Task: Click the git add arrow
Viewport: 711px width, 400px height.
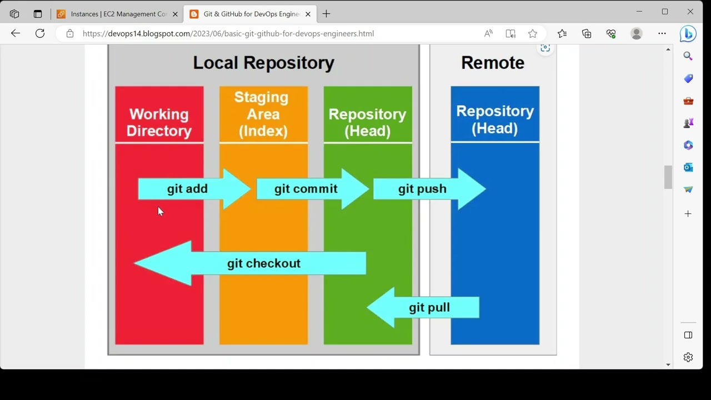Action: coord(188,189)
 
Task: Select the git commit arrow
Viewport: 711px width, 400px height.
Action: coord(306,189)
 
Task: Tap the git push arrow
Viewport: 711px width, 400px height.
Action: coord(422,189)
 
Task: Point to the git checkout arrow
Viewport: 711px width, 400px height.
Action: coord(263,263)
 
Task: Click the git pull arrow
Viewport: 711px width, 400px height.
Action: coord(429,307)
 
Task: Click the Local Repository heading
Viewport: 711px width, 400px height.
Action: coord(263,63)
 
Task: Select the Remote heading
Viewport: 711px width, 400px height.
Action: coord(492,63)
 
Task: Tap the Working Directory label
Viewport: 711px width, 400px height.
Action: coord(159,122)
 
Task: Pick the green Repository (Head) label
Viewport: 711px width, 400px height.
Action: coord(367,122)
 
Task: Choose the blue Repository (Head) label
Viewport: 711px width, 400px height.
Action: coord(494,119)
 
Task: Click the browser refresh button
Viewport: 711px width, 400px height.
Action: coord(40,33)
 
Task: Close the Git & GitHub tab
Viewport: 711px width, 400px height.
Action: coord(308,14)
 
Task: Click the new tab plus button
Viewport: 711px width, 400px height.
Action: coord(326,14)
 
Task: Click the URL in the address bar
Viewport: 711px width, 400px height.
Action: coord(228,33)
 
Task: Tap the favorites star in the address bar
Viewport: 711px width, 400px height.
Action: coord(533,33)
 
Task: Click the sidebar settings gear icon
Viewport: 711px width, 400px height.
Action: coord(688,357)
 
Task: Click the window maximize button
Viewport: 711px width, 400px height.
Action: coord(664,11)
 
